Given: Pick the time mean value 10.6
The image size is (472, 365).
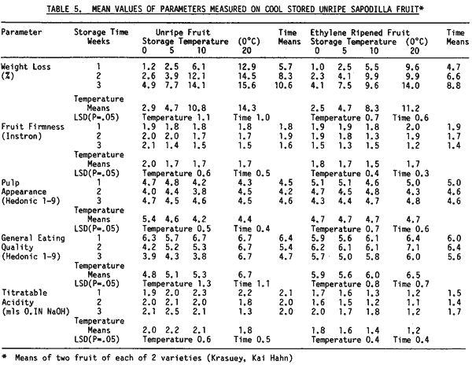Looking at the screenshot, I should coord(286,85).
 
